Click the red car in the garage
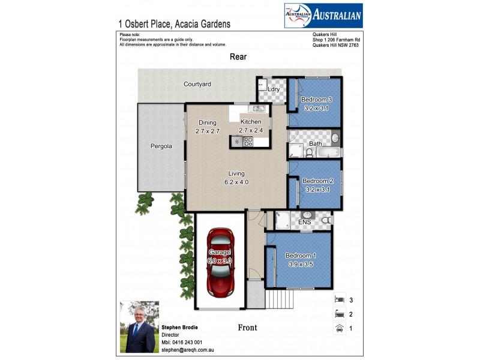pos(220,262)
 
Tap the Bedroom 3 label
pos(316,100)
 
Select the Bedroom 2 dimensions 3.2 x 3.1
pos(317,190)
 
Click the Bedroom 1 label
pos(301,256)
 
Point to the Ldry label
pos(274,89)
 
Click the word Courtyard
pos(197,85)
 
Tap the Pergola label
pos(161,146)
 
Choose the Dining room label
pos(208,123)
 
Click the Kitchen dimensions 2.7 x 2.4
pos(251,130)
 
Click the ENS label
pos(304,223)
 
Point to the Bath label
pos(315,144)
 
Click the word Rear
pos(238,56)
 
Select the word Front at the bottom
pos(247,328)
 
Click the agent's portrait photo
pos(139,326)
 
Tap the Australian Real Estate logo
pos(323,16)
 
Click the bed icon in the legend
pos(339,299)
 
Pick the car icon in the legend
pos(339,328)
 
